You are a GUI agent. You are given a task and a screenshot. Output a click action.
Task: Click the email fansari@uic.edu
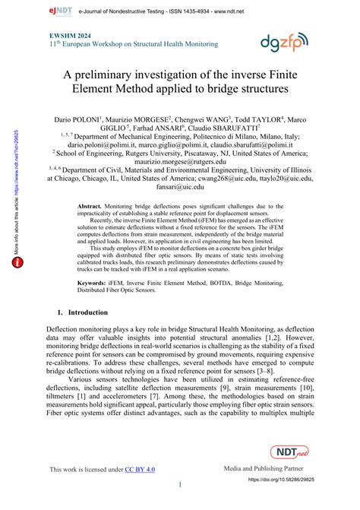point(179,185)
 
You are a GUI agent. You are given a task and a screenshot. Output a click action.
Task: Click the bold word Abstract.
point(93,207)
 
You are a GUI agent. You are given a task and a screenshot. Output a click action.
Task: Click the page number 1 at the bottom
point(180,484)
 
